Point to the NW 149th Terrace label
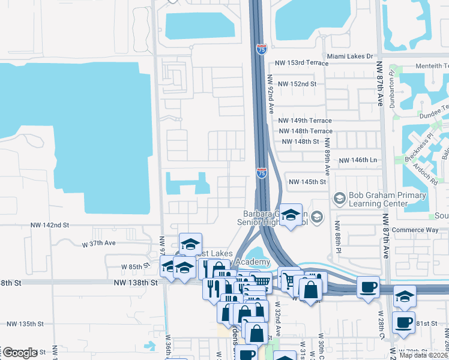click(x=306, y=121)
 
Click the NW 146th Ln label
click(x=358, y=161)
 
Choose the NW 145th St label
click(x=307, y=182)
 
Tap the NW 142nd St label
click(x=50, y=224)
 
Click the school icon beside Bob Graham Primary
click(x=339, y=197)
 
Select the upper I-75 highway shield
click(x=261, y=50)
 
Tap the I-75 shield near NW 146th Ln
click(x=262, y=173)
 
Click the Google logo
click(x=20, y=353)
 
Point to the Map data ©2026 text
click(x=423, y=355)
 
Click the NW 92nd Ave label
click(x=271, y=95)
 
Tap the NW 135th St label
click(x=25, y=323)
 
